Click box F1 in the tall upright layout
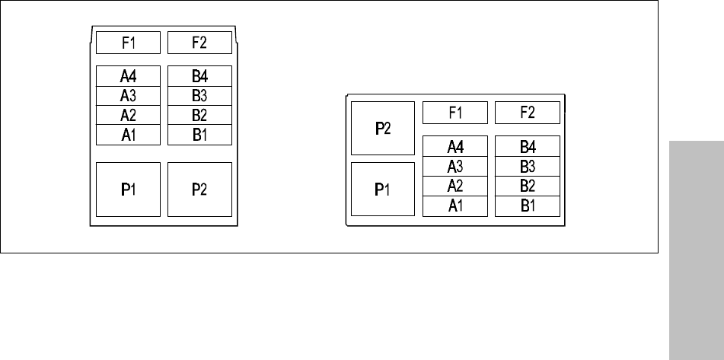pyautogui.click(x=128, y=43)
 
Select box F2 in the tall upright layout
pyautogui.click(x=199, y=43)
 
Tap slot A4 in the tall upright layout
pyautogui.click(x=128, y=76)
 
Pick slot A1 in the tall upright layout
pyautogui.click(x=128, y=135)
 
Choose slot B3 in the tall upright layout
pyautogui.click(x=199, y=96)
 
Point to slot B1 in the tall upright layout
pyautogui.click(x=199, y=135)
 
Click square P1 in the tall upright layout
pyautogui.click(x=128, y=189)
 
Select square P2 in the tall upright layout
pyautogui.click(x=199, y=189)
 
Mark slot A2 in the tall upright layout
pyautogui.click(x=128, y=116)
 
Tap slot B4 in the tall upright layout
pyautogui.click(x=199, y=76)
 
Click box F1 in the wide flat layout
pyautogui.click(x=454, y=113)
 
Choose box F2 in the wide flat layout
pyautogui.click(x=528, y=113)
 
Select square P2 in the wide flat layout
pyautogui.click(x=382, y=128)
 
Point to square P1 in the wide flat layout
pyautogui.click(x=382, y=189)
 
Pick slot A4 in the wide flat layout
pyautogui.click(x=454, y=146)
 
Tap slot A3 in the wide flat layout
pyautogui.click(x=454, y=166)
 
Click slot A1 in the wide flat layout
pyautogui.click(x=454, y=205)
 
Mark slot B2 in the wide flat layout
pyautogui.click(x=528, y=186)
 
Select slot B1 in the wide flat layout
pyautogui.click(x=528, y=205)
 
